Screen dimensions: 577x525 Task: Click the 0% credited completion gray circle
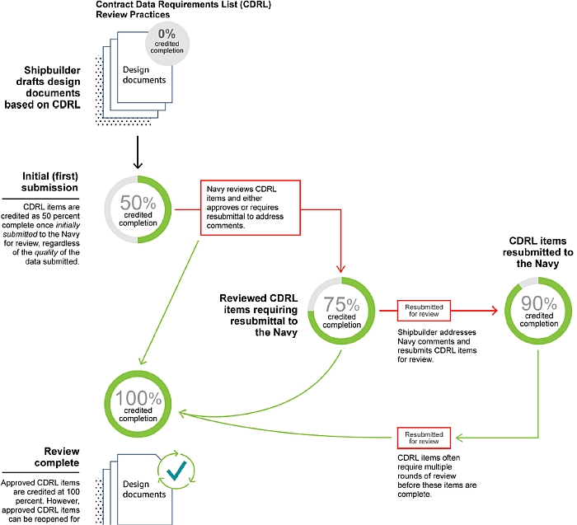[x=167, y=44]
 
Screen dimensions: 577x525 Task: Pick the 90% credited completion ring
[x=568, y=312]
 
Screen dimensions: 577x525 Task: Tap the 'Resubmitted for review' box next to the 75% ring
[x=424, y=311]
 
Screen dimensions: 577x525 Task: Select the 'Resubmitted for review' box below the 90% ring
[x=424, y=438]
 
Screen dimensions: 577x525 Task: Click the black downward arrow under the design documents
[x=138, y=152]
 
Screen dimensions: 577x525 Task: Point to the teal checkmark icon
[x=176, y=471]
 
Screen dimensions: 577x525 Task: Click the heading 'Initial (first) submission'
[x=50, y=182]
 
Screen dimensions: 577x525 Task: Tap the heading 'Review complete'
[x=57, y=457]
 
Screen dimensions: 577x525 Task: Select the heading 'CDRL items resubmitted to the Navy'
[x=537, y=252]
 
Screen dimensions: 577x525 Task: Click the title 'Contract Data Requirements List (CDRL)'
[x=183, y=5]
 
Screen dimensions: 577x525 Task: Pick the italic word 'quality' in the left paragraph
[x=46, y=252]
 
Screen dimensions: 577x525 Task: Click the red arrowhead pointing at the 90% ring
[x=493, y=311]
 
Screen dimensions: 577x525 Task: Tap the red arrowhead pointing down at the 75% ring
[x=340, y=269]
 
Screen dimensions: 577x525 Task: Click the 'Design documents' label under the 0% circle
[x=144, y=75]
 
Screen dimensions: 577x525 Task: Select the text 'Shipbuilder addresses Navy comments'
[x=436, y=336]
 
